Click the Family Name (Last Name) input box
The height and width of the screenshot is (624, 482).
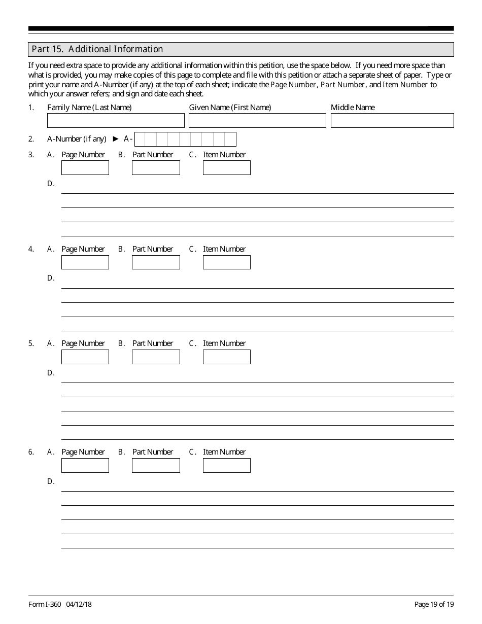coord(116,120)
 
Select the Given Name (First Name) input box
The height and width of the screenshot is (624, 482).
coord(257,120)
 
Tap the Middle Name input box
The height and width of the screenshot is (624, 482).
coord(392,120)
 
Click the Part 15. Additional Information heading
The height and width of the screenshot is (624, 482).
coord(97,49)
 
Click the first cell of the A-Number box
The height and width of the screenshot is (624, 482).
coord(141,139)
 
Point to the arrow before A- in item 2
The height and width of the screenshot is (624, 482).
coord(115,139)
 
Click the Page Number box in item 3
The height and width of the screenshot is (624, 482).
coord(85,167)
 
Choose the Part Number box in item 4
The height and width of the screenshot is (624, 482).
coord(156,262)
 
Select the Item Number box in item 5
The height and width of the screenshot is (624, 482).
coord(226,357)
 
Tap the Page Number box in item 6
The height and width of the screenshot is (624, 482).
coord(85,465)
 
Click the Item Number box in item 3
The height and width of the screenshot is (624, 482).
coord(226,167)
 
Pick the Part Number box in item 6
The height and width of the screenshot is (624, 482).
coord(156,465)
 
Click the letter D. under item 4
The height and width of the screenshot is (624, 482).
coord(51,278)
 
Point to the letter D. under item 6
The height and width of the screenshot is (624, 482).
coord(51,481)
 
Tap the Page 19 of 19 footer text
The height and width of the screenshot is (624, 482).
coord(434,604)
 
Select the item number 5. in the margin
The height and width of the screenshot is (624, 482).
coord(31,343)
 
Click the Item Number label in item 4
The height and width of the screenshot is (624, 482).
coord(224,249)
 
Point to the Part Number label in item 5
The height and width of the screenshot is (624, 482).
coord(153,343)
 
